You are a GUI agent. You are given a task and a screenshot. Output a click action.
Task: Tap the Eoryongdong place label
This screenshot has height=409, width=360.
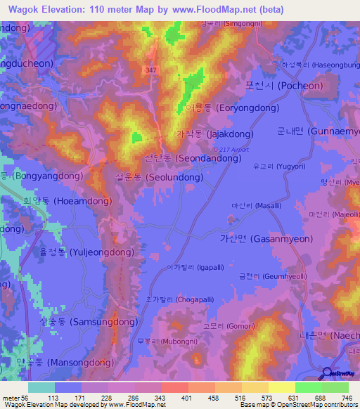click(x=222, y=109)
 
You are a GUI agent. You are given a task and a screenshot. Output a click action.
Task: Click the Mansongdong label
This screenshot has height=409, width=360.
click(x=68, y=363)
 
